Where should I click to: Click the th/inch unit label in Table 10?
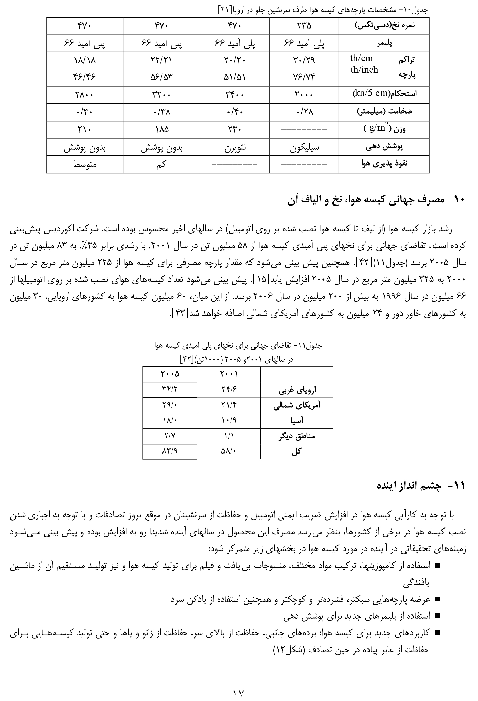pos(364,70)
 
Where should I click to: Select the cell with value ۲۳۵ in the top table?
pos(304,26)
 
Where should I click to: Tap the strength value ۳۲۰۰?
pos(161,95)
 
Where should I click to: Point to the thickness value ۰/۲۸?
pos(304,112)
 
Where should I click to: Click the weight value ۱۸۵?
pos(161,130)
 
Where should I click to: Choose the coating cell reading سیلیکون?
pos(304,148)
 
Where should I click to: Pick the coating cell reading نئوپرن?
pos(235,148)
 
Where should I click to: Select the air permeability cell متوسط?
pos(85,164)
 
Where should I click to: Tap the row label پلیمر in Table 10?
pos(384,44)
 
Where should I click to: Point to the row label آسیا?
pos(297,420)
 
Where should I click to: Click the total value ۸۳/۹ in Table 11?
pos(170,451)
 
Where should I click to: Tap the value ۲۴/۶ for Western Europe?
pos(229,390)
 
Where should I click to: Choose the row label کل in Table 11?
pos(297,451)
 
